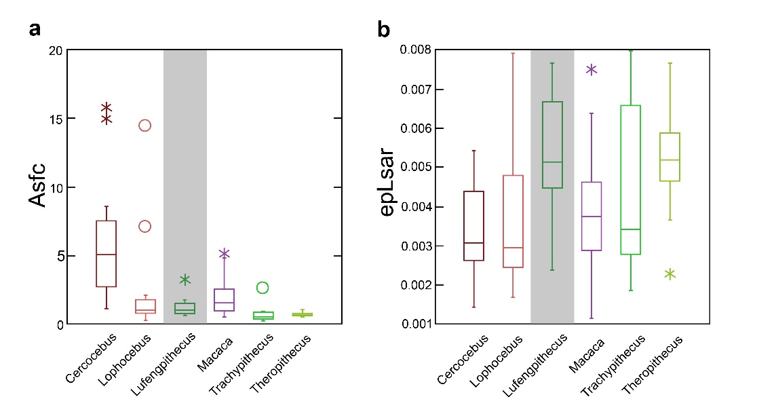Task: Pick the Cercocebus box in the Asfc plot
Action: coord(106,254)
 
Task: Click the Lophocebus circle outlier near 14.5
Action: coord(144,126)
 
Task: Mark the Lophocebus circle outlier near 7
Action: coord(144,227)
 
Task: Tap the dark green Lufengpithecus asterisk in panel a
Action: coord(185,280)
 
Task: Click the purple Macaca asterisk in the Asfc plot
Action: coord(224,254)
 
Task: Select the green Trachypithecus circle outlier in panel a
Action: coord(263,288)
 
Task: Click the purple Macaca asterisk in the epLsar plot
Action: coord(591,69)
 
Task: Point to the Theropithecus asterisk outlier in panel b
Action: coord(670,274)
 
